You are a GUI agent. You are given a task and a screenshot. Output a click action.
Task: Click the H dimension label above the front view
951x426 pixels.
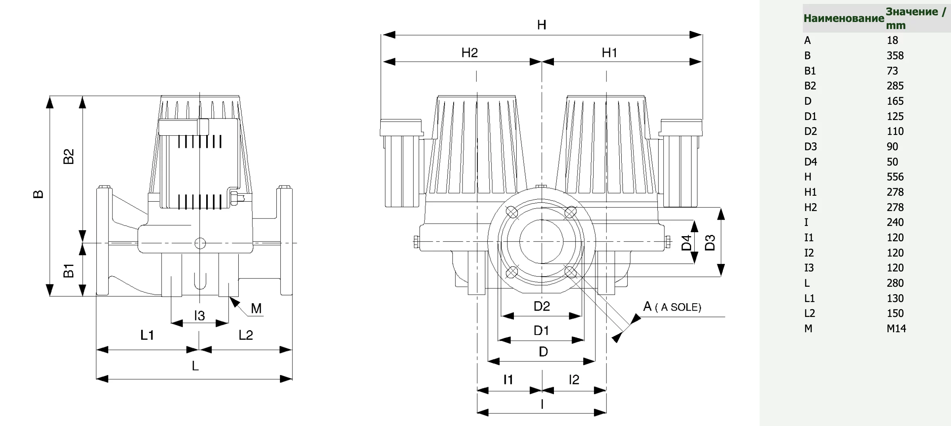[541, 25]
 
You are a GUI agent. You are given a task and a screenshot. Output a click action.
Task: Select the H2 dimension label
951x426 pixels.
[470, 53]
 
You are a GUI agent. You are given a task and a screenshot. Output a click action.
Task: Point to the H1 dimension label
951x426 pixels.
[610, 53]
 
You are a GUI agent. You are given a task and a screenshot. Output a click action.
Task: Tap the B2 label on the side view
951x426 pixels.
[69, 157]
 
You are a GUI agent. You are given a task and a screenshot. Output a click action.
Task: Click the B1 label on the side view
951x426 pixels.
[69, 271]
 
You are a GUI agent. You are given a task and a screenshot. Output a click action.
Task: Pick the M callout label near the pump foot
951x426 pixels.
[256, 308]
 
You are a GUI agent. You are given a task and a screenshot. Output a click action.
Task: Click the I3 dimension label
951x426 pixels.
[200, 315]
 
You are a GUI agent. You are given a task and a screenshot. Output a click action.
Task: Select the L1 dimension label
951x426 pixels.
[147, 335]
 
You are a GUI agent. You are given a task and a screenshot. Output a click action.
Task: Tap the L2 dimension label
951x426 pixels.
[246, 335]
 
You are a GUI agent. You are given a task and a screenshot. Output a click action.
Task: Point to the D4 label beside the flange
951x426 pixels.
[686, 243]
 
